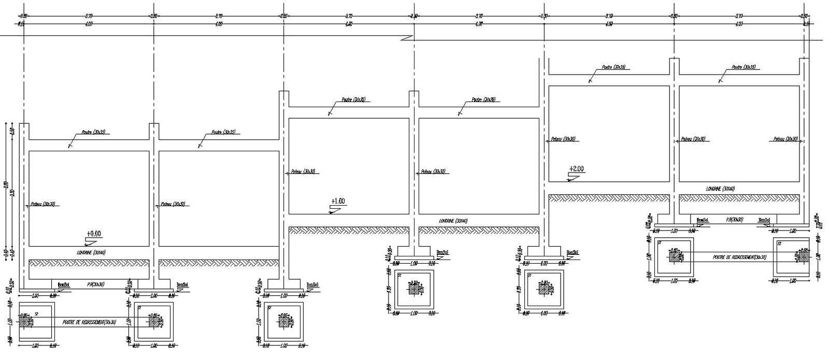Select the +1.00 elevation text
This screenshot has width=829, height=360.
tap(337, 201)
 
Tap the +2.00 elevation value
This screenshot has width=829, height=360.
tap(576, 169)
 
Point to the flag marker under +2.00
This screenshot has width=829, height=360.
tap(573, 176)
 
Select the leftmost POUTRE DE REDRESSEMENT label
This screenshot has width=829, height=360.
tap(89, 322)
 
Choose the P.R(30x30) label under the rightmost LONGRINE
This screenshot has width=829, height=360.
tap(734, 220)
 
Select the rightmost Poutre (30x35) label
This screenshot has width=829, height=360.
tap(744, 67)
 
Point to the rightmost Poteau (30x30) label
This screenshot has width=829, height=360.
tap(785, 139)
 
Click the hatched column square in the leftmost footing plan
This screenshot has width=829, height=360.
tap(24, 321)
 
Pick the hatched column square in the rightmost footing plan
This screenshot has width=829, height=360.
tap(803, 256)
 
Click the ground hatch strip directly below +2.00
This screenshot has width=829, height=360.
tap(609, 197)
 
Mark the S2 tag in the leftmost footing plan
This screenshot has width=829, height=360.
tap(36, 314)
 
